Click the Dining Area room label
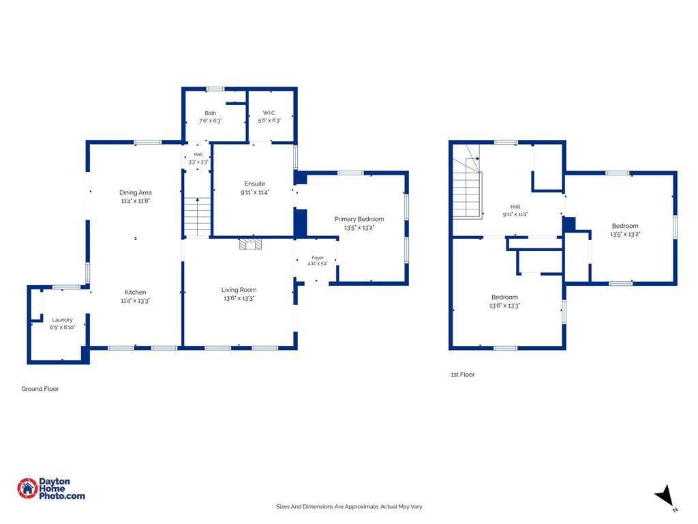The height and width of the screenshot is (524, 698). [136, 192]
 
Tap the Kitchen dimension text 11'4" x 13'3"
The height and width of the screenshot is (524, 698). [136, 301]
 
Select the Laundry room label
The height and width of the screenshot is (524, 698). [62, 320]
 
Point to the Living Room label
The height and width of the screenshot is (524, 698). [239, 290]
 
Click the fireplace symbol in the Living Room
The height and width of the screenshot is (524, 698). [251, 244]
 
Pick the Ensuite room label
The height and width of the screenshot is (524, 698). [255, 184]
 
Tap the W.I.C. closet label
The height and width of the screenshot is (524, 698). [269, 113]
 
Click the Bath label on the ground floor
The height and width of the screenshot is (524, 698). [211, 113]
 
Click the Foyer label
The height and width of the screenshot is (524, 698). [318, 258]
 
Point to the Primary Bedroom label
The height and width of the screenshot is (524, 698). [359, 219]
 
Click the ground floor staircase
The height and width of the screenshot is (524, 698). [197, 217]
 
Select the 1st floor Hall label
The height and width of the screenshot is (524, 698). [515, 207]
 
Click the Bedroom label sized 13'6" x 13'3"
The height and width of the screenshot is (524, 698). [505, 297]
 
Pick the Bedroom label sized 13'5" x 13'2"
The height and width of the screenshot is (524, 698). [625, 226]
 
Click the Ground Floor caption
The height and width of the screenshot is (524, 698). [40, 389]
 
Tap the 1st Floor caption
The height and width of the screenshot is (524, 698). [463, 375]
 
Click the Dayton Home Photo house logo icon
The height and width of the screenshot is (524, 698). [27, 489]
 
